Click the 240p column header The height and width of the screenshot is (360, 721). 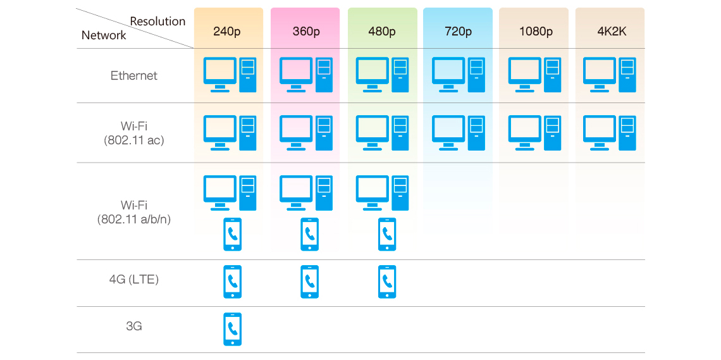[227, 31]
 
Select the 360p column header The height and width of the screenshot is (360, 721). [305, 31]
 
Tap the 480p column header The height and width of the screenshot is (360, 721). [382, 31]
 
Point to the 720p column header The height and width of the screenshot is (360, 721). [458, 31]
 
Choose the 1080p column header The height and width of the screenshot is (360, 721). [536, 31]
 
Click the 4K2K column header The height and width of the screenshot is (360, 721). [611, 31]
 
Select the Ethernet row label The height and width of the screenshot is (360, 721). [134, 76]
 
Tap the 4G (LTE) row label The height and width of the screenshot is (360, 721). [134, 279]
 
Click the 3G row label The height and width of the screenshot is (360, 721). [134, 326]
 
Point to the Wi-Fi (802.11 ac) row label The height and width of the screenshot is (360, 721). [134, 133]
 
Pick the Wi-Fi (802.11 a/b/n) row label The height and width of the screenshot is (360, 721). [134, 212]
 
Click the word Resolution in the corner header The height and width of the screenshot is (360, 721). [157, 22]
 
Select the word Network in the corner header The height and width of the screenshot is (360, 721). [104, 35]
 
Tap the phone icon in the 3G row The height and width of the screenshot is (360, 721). [233, 329]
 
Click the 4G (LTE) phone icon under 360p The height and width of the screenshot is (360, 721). [309, 282]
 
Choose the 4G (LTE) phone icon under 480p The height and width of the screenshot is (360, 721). [387, 282]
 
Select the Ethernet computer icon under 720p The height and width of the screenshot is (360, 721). [458, 75]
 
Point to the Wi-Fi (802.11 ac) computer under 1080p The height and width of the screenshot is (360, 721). [534, 133]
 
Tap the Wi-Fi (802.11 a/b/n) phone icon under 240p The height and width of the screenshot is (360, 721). [233, 234]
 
